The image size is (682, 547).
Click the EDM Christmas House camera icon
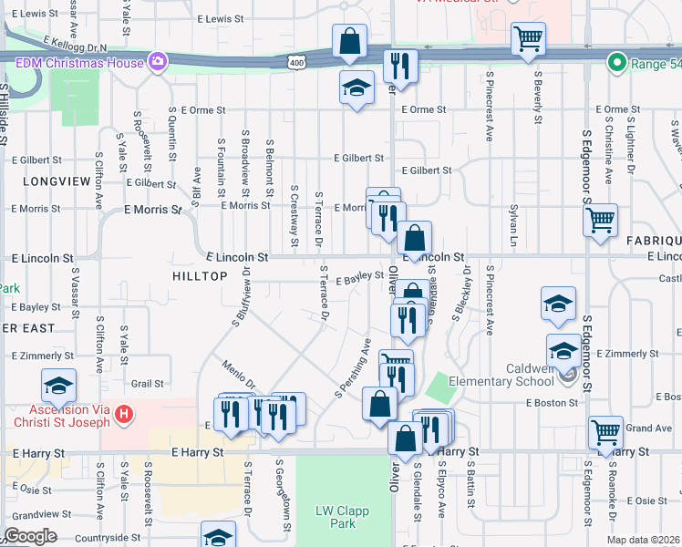(158, 63)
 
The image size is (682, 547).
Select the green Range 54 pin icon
(617, 63)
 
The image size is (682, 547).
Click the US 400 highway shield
(295, 62)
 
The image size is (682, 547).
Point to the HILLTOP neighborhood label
(198, 274)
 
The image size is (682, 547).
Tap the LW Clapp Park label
(342, 517)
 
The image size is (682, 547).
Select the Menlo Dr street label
(238, 377)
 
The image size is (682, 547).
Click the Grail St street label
(146, 384)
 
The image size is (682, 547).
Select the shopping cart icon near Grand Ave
(605, 432)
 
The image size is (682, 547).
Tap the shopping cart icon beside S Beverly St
(528, 39)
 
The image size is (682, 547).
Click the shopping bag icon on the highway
(350, 41)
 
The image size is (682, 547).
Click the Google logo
(29, 536)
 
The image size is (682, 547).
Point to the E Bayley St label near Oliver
(359, 279)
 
